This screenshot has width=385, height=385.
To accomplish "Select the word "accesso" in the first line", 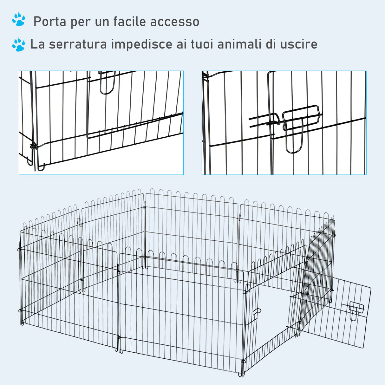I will coord(175,22).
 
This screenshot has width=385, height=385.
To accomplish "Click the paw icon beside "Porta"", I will coord(18,20).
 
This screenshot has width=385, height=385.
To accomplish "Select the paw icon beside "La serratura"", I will coord(18,45).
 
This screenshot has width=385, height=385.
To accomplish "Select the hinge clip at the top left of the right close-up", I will coord(206,77).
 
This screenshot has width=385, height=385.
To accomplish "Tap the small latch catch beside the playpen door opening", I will coord(257,312).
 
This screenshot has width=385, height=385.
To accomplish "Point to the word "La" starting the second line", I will coord(37,44).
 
